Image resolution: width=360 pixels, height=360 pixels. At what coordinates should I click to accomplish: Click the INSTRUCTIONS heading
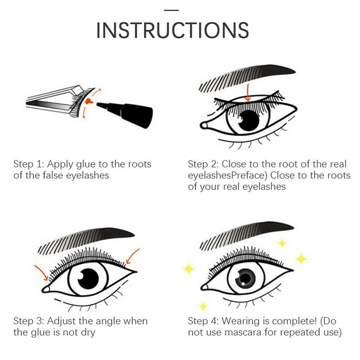click(172, 30)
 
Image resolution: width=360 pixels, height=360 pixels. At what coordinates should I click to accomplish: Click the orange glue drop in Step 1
click(88, 101)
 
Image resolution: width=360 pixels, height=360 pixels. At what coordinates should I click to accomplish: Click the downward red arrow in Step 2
click(247, 93)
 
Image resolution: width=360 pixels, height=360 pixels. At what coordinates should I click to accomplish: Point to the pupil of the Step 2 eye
click(248, 120)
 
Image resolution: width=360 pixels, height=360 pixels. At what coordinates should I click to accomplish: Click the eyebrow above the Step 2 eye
click(247, 78)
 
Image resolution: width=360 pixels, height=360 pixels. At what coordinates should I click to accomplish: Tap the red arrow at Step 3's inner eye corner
click(41, 273)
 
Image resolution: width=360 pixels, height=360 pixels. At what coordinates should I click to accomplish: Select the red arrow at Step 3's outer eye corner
click(132, 256)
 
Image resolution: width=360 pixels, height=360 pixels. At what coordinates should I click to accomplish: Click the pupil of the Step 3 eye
click(88, 279)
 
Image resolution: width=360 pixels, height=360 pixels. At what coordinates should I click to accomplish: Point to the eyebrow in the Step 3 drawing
click(86, 241)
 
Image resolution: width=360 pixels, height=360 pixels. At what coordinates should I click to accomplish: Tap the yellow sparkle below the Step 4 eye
click(203, 306)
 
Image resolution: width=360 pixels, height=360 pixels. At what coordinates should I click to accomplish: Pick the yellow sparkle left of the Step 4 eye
click(189, 269)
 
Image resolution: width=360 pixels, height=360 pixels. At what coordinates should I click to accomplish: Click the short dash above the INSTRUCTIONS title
click(171, 10)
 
